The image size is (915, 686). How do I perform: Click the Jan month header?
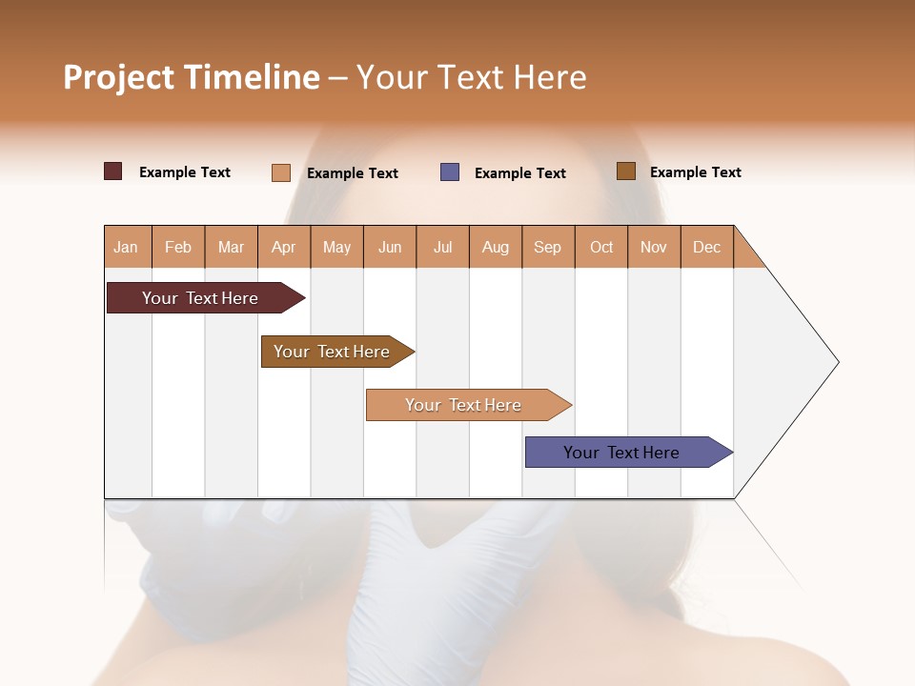tap(127, 247)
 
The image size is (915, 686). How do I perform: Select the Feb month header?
tap(178, 247)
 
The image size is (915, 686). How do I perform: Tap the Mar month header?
tap(231, 247)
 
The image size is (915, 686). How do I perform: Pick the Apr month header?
tap(284, 247)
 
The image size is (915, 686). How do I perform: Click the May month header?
tap(336, 247)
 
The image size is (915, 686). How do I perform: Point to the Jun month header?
tap(390, 247)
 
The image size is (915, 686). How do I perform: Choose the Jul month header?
tap(442, 247)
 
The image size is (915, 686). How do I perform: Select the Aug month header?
tap(496, 247)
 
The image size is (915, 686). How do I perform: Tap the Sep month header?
tap(548, 247)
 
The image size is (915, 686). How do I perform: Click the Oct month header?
tap(601, 247)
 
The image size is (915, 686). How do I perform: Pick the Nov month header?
tap(654, 247)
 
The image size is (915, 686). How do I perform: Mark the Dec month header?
tap(706, 247)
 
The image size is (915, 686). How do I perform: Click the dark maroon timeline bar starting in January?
tap(201, 298)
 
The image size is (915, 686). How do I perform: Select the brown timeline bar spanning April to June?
tap(333, 352)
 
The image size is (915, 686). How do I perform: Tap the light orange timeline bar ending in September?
tap(464, 405)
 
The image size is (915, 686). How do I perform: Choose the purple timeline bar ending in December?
tap(622, 453)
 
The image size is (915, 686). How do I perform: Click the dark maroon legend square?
tap(113, 171)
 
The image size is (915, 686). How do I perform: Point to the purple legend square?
tap(450, 171)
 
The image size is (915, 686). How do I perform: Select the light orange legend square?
tap(281, 172)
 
